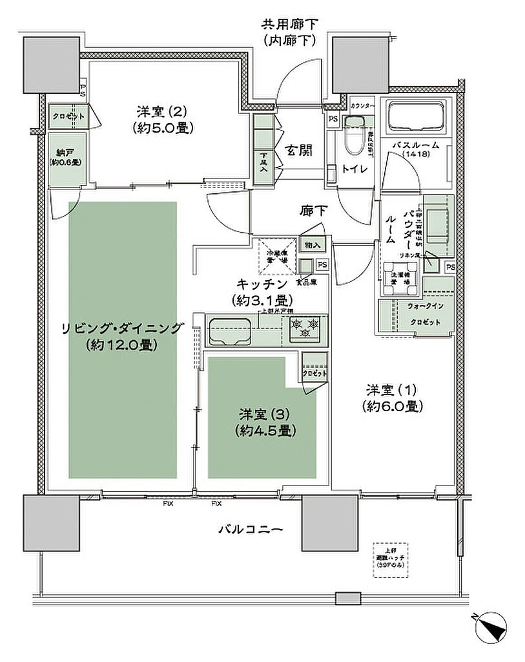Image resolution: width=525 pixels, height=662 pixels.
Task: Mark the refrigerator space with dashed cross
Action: (277, 254)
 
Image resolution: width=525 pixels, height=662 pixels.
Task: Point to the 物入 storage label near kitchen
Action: (313, 246)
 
